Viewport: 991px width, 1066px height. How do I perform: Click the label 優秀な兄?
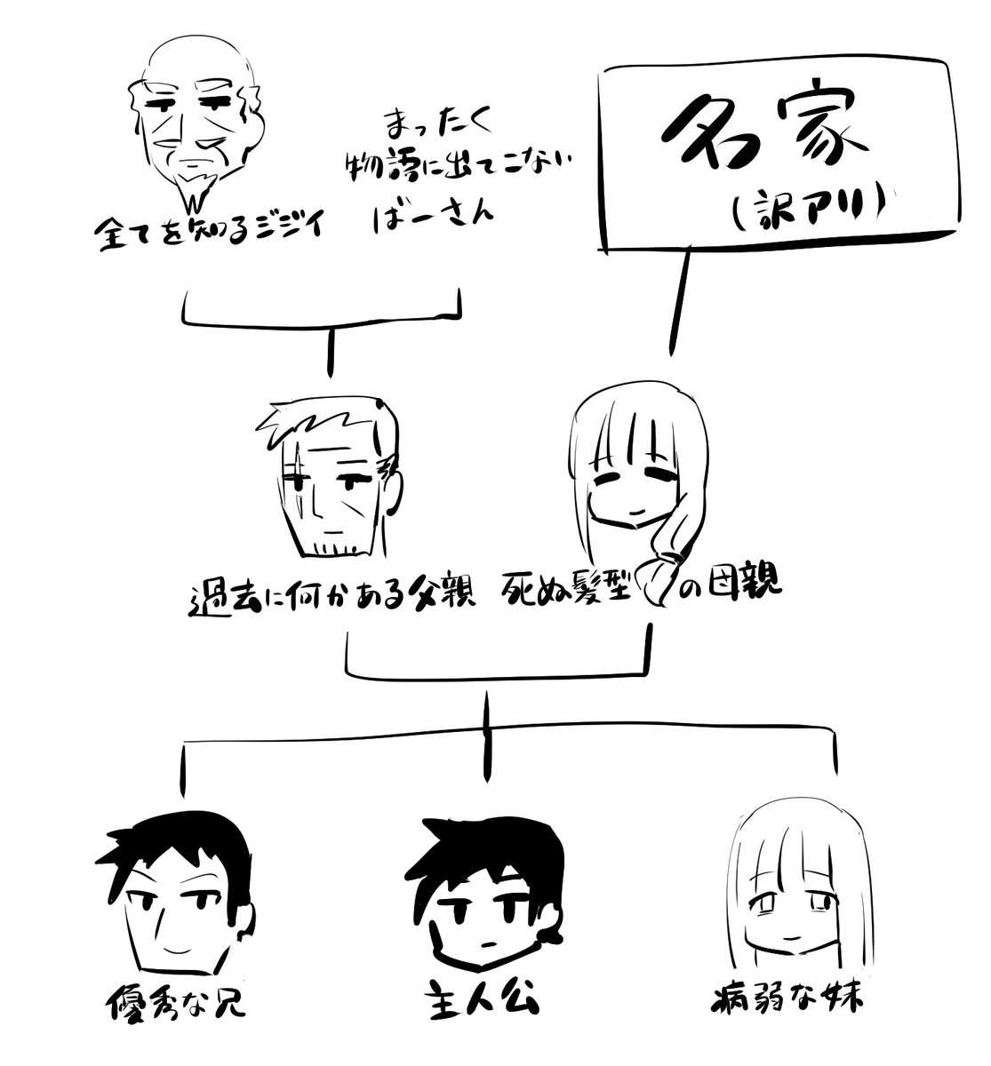coord(176,1002)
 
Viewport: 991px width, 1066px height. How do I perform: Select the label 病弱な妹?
coord(787,999)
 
